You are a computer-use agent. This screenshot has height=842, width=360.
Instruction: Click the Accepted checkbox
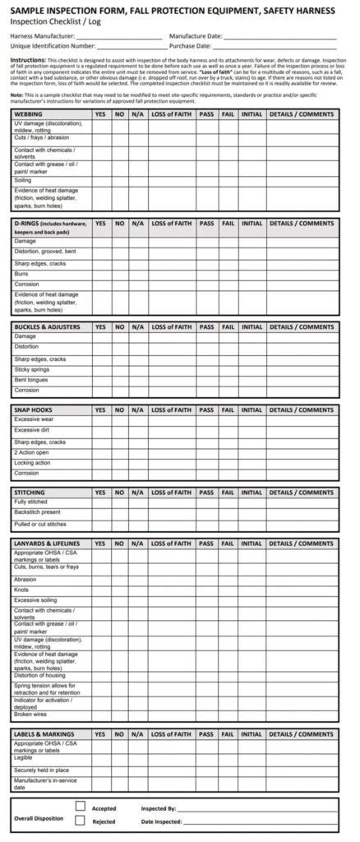(x=81, y=807)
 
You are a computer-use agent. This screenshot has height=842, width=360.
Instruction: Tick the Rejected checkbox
(x=81, y=820)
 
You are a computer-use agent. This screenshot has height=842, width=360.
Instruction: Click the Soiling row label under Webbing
(x=23, y=180)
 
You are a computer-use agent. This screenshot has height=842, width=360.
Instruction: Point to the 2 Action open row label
(x=31, y=452)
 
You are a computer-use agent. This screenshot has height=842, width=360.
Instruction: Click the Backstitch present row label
(x=37, y=511)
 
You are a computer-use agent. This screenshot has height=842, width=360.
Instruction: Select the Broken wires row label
(x=30, y=714)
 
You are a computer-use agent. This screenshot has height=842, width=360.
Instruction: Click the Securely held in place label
(x=41, y=770)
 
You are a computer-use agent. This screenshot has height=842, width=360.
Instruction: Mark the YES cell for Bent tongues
(x=100, y=380)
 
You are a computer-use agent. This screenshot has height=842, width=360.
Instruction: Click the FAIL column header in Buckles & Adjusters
(x=228, y=326)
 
